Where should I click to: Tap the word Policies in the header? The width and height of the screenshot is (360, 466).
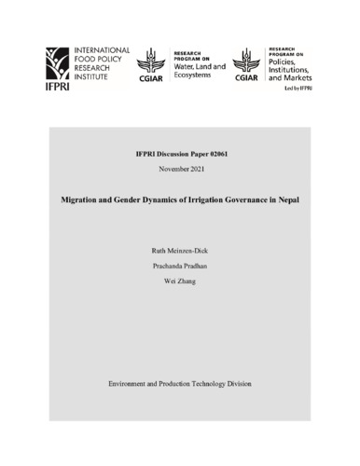point(285,62)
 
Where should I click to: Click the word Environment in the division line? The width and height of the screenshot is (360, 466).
point(132,384)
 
